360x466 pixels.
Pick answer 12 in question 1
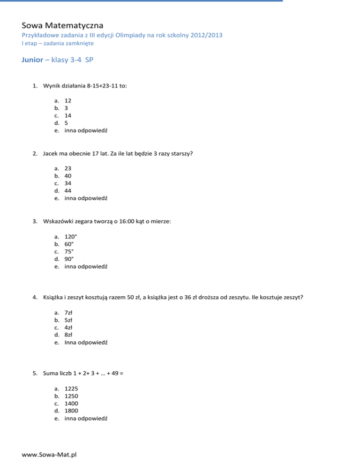pos(68,100)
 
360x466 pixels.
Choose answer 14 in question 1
pos(68,115)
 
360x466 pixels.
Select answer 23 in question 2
pos(68,168)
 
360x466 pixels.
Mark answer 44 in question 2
pos(68,190)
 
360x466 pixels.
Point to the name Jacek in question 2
pos(50,153)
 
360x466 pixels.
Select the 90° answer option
pos(69,258)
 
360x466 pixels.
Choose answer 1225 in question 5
pos(72,388)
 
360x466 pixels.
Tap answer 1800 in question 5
pos(72,411)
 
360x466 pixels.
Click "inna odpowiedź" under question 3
pos(86,265)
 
